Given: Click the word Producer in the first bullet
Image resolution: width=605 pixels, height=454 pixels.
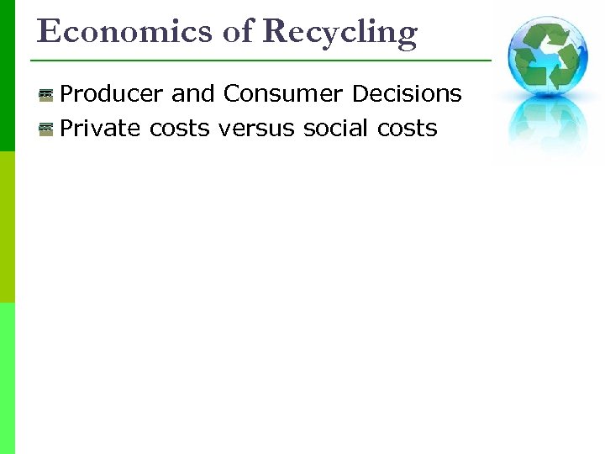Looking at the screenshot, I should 113,94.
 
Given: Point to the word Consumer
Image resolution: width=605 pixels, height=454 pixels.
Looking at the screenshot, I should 283,94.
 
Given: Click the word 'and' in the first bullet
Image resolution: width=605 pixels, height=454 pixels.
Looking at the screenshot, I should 193,94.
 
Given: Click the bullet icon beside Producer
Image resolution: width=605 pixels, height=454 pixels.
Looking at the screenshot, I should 46,95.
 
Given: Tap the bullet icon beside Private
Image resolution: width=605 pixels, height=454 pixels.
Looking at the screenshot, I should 46,129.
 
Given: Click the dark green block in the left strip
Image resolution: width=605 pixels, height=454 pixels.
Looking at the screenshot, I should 8,76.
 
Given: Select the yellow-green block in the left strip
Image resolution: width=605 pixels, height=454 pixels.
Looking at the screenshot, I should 8,227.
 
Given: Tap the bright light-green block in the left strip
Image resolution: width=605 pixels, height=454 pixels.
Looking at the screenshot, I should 8,378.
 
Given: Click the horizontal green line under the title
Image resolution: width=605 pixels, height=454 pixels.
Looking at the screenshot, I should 260,61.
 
